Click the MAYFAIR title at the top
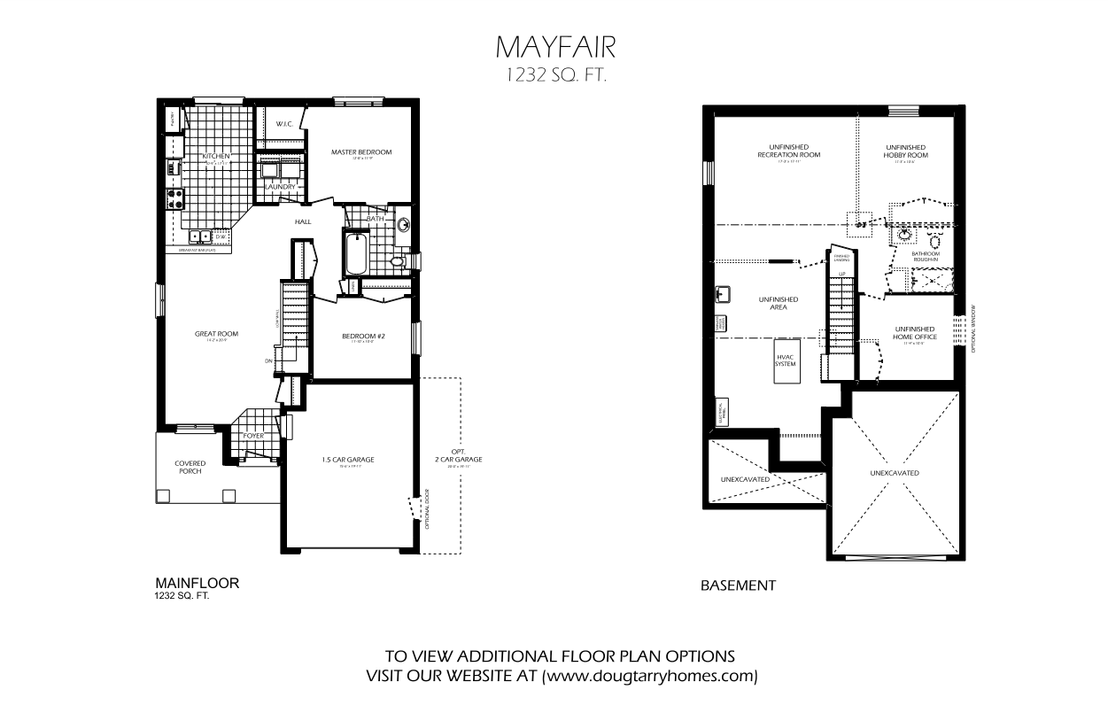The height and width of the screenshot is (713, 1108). click(554, 45)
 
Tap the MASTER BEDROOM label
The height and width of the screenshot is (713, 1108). click(361, 152)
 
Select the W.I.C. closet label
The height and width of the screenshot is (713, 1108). click(284, 124)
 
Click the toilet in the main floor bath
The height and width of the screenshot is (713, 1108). click(399, 262)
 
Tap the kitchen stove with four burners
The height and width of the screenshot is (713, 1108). click(172, 198)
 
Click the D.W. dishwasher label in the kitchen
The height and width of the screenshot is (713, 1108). click(221, 236)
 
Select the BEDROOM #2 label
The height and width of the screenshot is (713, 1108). click(362, 337)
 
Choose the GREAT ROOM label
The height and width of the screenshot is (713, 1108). click(217, 334)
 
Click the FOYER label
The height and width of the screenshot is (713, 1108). click(253, 436)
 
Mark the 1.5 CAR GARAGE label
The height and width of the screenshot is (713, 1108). click(347, 460)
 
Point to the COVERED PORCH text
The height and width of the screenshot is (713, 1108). click(190, 467)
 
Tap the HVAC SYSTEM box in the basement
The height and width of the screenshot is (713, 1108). click(785, 361)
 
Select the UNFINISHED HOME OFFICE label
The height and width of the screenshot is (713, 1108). click(915, 333)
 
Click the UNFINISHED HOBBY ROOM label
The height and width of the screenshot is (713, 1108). click(905, 151)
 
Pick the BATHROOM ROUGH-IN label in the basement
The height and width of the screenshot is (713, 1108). click(926, 256)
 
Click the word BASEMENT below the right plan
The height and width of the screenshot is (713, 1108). click(738, 585)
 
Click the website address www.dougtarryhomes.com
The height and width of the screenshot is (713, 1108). click(650, 676)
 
